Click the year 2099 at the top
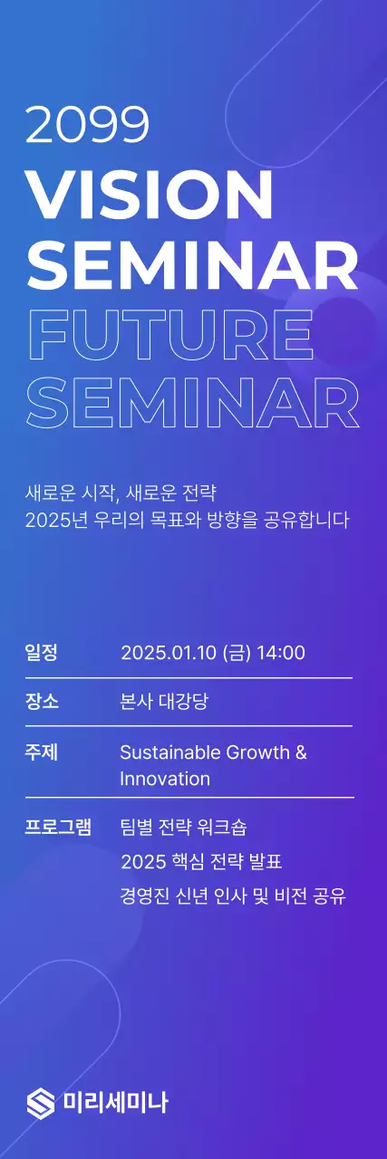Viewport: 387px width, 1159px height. pos(87,125)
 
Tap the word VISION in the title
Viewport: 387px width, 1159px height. pos(150,193)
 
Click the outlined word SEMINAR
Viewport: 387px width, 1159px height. pos(192,403)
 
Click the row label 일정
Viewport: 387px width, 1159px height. pos(42,652)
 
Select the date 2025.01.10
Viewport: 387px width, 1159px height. pos(169,653)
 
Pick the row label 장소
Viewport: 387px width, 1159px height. pos(42,701)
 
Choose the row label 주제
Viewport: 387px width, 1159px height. pos(42,752)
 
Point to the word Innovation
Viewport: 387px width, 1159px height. pos(165,779)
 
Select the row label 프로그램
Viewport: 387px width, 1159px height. pos(58,827)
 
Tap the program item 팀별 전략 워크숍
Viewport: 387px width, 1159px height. pos(183,827)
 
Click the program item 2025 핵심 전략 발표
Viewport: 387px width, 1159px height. pos(208,859)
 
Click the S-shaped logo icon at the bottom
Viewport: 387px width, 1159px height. pos(41,1102)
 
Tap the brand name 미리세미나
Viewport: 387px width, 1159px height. pos(115,1102)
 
